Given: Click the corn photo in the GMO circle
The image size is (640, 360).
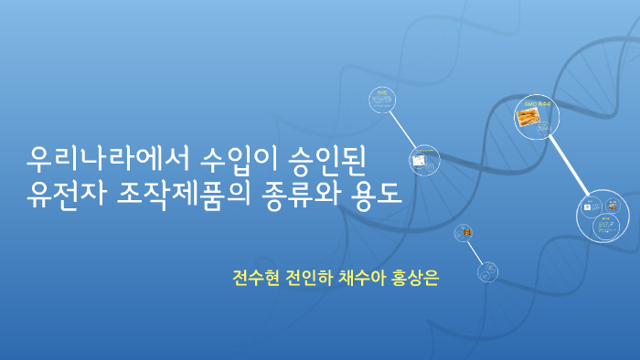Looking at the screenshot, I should (x=528, y=117).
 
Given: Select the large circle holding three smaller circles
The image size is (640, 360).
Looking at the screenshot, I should (x=603, y=216).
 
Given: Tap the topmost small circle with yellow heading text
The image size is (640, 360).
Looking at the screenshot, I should (x=382, y=99).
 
